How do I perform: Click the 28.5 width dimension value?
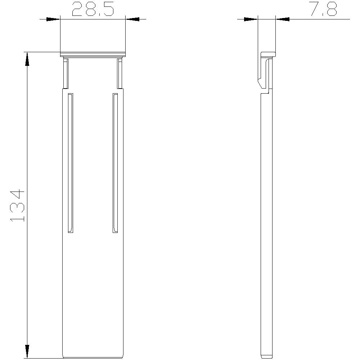[93, 10]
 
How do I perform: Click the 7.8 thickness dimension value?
[323, 10]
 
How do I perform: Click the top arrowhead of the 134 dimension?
[27, 59]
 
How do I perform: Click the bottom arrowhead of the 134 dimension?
[27, 351]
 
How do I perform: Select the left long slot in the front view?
[71, 163]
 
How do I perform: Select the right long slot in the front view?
[115, 163]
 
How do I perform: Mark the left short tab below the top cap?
[65, 74]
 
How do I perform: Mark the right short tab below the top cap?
[120, 74]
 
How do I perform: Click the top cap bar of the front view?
[93, 54]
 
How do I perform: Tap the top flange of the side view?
[268, 54]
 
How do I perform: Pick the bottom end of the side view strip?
[266, 356]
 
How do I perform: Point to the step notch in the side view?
[266, 92]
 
